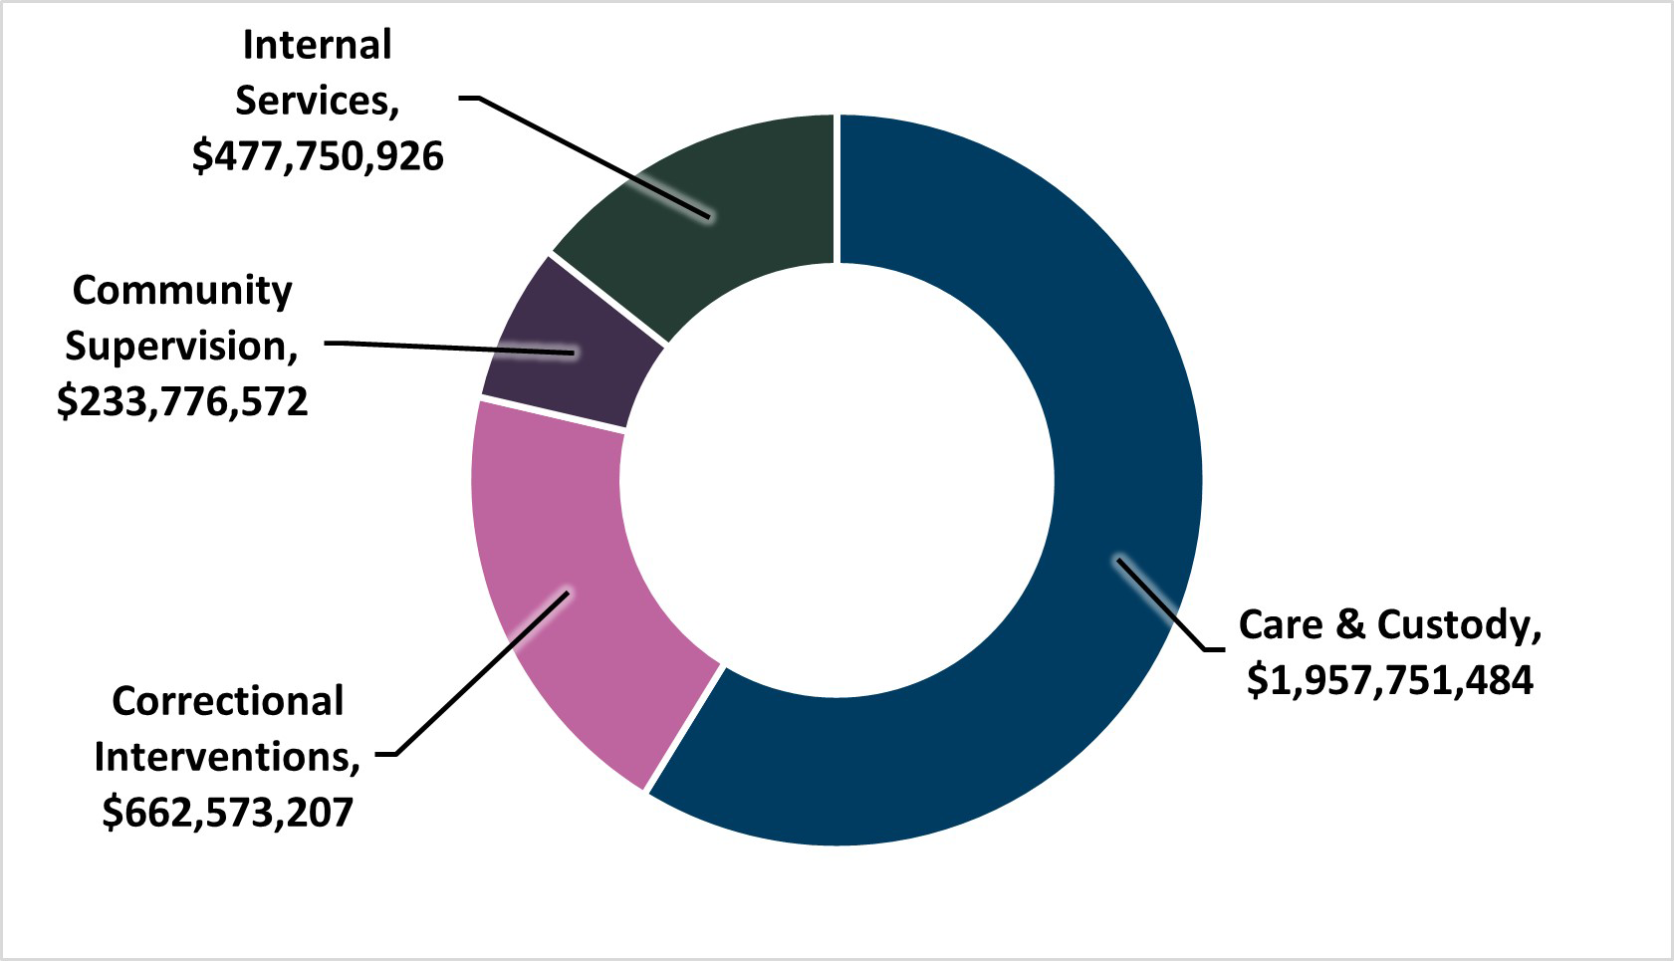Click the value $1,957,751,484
click(x=1389, y=680)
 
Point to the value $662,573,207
click(x=228, y=813)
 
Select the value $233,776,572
click(x=182, y=401)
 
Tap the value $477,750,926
click(x=318, y=156)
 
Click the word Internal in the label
click(x=318, y=45)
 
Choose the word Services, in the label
click(x=318, y=101)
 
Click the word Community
click(x=182, y=290)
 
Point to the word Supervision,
click(x=182, y=346)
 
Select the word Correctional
click(x=228, y=701)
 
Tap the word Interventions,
click(x=228, y=757)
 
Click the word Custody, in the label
click(x=1459, y=624)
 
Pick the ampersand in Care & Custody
click(x=1349, y=624)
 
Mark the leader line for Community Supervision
click(x=448, y=347)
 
